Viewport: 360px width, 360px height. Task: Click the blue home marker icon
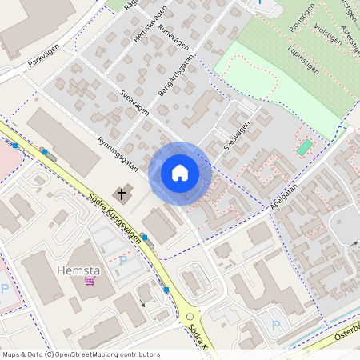coord(180,173)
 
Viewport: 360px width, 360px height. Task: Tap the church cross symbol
coord(122,193)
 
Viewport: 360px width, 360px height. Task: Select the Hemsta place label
coord(78,271)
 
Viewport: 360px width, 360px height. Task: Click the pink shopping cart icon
coord(90,281)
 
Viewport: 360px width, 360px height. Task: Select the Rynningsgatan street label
coord(118,152)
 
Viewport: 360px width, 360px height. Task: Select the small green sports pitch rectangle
coord(304,147)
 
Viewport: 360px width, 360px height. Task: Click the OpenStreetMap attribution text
coord(80,354)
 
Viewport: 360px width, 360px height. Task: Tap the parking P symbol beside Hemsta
coord(122,260)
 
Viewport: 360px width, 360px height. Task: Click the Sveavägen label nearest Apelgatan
coord(238,135)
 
